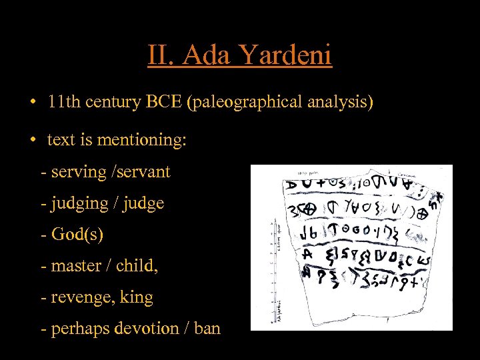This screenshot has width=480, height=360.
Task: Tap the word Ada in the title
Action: coord(204,55)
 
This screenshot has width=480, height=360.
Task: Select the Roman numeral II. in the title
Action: coord(163,55)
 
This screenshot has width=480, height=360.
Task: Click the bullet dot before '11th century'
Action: coord(32,103)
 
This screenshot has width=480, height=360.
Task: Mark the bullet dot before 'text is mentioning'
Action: coord(32,140)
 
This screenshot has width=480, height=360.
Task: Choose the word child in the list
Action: coord(136,266)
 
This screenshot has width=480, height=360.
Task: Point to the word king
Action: coord(137,297)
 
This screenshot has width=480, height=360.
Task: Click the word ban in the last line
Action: coord(205,329)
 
